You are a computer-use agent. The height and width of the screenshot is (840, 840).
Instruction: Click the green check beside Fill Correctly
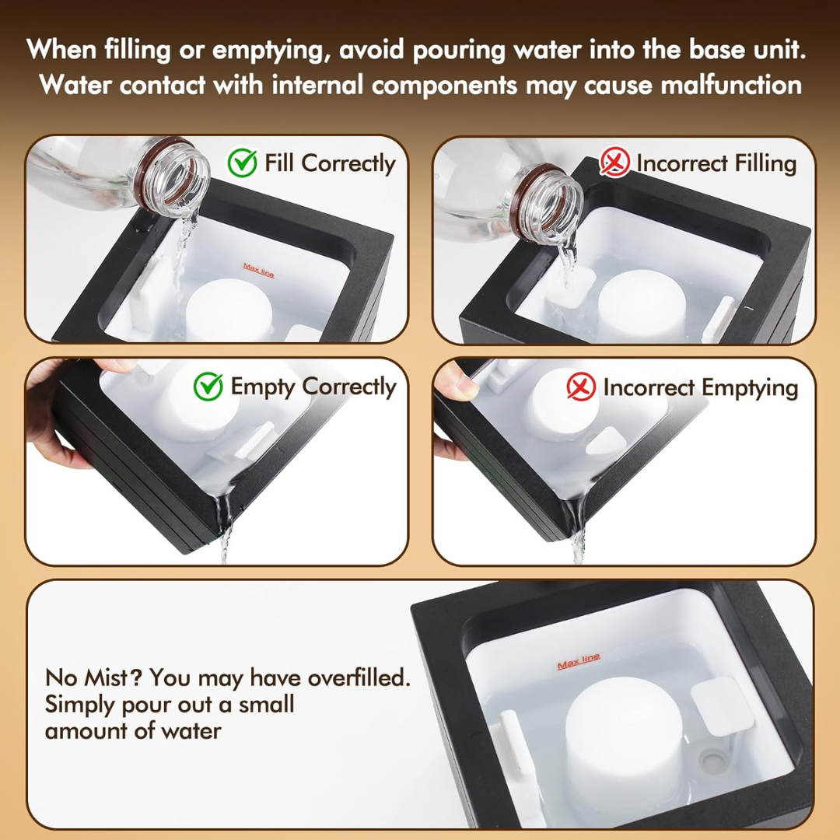[242, 163]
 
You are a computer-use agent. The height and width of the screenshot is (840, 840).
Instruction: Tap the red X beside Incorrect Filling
[614, 163]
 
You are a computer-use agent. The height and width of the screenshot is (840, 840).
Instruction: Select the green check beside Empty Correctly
[208, 387]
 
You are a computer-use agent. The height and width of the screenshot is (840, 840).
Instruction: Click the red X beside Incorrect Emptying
[581, 387]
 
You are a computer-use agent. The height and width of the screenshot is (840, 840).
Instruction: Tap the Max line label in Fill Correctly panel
[258, 270]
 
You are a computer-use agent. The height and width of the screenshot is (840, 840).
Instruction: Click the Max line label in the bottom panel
[578, 661]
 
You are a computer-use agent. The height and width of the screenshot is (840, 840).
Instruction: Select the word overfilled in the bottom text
[358, 677]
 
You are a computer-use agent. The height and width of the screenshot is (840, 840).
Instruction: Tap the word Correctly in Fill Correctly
[348, 163]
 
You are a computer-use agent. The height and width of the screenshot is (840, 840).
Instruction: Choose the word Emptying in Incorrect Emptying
[749, 387]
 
